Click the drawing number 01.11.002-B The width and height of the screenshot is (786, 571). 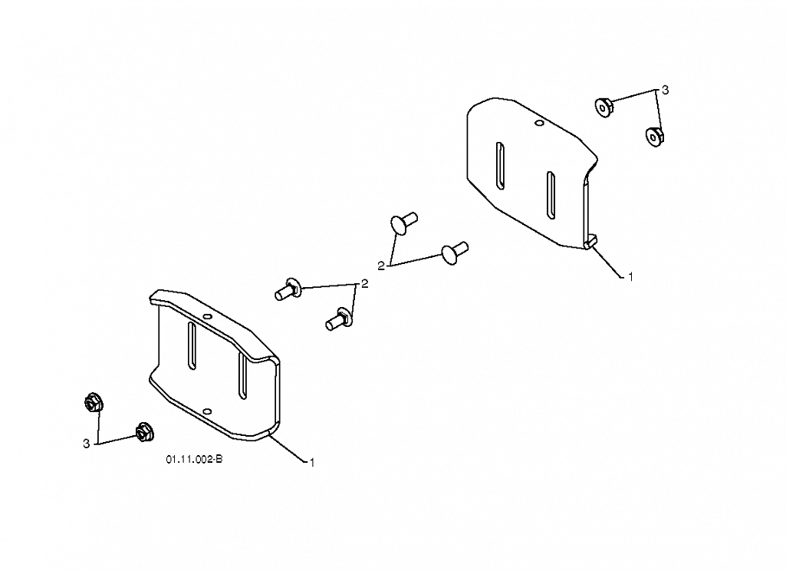pyautogui.click(x=195, y=459)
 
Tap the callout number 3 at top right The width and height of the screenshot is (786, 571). pyautogui.click(x=665, y=91)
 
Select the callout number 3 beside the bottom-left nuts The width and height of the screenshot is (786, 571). pyautogui.click(x=86, y=444)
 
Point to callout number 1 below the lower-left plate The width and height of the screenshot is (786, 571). pyautogui.click(x=312, y=463)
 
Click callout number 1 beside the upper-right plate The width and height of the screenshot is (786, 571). pyautogui.click(x=630, y=276)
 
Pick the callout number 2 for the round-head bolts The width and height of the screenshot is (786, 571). pyautogui.click(x=381, y=266)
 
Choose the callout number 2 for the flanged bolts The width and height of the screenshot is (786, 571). pyautogui.click(x=364, y=284)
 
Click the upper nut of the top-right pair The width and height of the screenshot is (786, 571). pyautogui.click(x=603, y=107)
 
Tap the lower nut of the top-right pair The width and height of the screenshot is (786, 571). pyautogui.click(x=654, y=137)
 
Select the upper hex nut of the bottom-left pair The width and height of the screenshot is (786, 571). pyautogui.click(x=94, y=402)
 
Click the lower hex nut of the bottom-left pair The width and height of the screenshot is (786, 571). pyautogui.click(x=144, y=431)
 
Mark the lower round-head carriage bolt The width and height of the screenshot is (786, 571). pyautogui.click(x=454, y=252)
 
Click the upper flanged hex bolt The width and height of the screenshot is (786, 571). pyautogui.click(x=288, y=289)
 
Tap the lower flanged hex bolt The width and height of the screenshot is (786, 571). pyautogui.click(x=340, y=319)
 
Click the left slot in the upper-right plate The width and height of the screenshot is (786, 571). pyautogui.click(x=500, y=166)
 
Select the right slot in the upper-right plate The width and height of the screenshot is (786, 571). pyautogui.click(x=551, y=195)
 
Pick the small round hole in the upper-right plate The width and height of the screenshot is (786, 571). pyautogui.click(x=539, y=123)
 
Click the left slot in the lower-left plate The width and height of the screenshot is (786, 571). pyautogui.click(x=192, y=346)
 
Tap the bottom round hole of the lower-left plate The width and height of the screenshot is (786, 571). pyautogui.click(x=206, y=411)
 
